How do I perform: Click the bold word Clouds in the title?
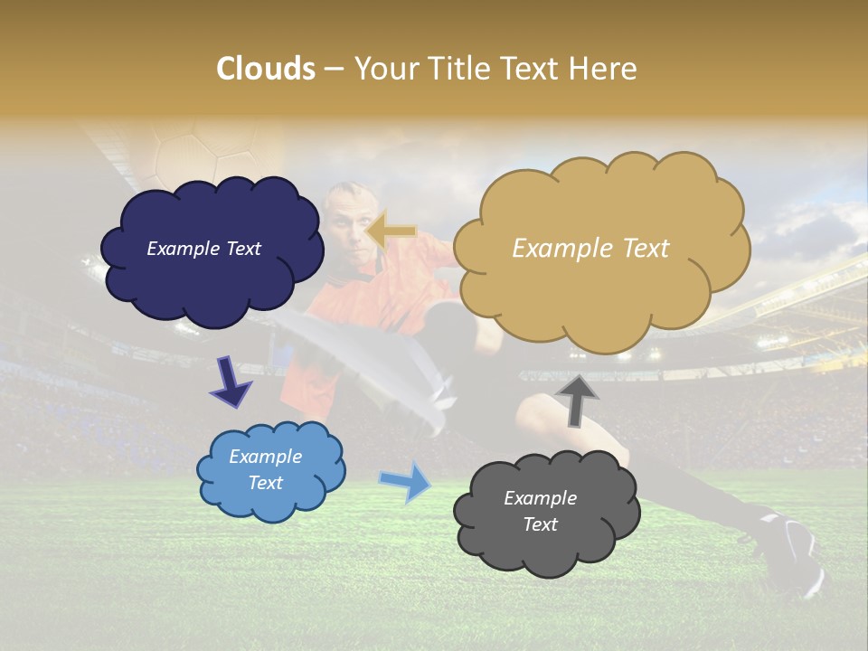pos(266,69)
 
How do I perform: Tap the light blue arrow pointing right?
pos(406,481)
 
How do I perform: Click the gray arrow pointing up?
pos(577,399)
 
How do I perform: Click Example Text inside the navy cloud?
pos(203,249)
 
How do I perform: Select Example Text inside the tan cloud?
pos(590,249)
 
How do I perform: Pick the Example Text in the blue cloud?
pos(266,470)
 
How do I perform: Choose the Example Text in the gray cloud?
pos(540,511)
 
